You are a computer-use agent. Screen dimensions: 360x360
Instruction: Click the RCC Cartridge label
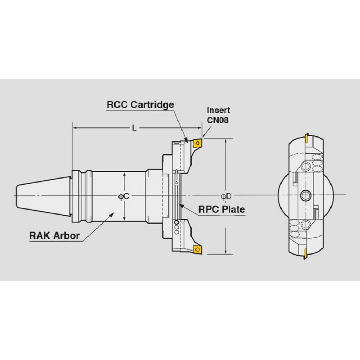point(140,105)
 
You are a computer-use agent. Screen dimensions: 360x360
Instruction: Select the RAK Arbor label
point(54,235)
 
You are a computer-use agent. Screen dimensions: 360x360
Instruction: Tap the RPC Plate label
point(221,210)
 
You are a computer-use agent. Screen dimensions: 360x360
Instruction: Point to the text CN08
point(218,120)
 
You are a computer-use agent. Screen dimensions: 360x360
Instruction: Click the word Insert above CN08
point(219,110)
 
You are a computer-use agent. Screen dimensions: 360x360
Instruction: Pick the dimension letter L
point(135,128)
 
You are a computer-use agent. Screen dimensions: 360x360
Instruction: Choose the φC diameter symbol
point(123,196)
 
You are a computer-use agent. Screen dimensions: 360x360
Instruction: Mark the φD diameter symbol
point(226,196)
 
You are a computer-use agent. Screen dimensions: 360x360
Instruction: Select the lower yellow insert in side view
point(197,249)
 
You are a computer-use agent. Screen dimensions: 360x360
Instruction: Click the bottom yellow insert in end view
point(306,253)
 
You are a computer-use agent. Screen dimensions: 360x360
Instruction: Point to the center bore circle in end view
point(305,195)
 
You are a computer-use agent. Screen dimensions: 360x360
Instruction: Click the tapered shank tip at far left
point(17,195)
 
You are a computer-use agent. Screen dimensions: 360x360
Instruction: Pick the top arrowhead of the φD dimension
point(226,141)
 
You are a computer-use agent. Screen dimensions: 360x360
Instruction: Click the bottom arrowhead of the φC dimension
point(124,219)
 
